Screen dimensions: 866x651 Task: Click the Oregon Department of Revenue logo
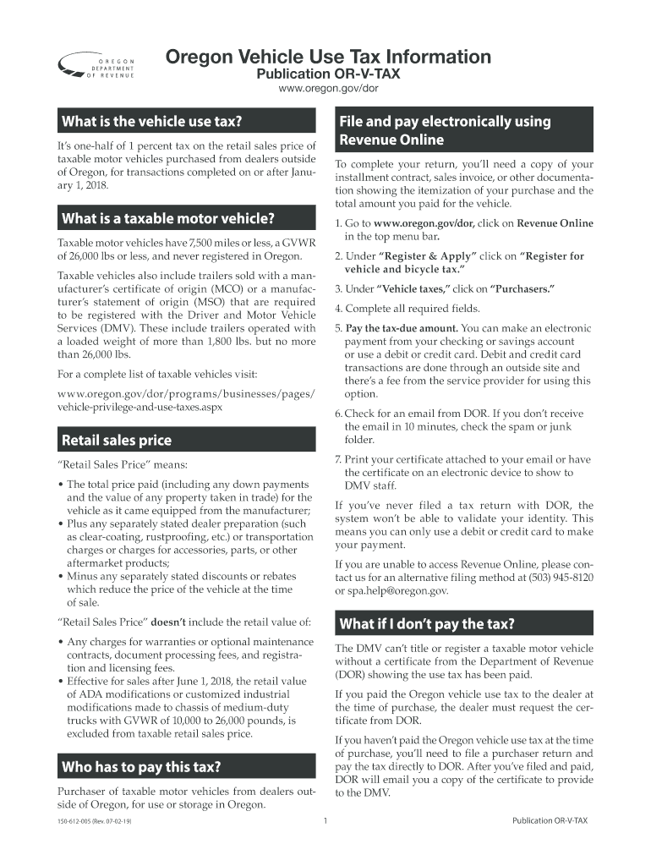click(x=96, y=68)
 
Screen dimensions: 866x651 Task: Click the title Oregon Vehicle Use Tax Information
click(x=327, y=57)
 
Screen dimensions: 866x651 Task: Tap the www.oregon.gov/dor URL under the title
click(x=327, y=89)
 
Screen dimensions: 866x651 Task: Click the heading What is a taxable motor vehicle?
click(x=168, y=219)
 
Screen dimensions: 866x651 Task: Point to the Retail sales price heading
click(x=116, y=440)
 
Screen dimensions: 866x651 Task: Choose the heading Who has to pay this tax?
click(x=141, y=767)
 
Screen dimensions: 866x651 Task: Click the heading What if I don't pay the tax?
click(x=426, y=624)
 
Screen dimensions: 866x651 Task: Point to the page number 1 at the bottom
click(x=325, y=821)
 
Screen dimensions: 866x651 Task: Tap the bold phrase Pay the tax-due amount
click(x=402, y=328)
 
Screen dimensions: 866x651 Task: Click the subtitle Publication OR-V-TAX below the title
click(x=327, y=74)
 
